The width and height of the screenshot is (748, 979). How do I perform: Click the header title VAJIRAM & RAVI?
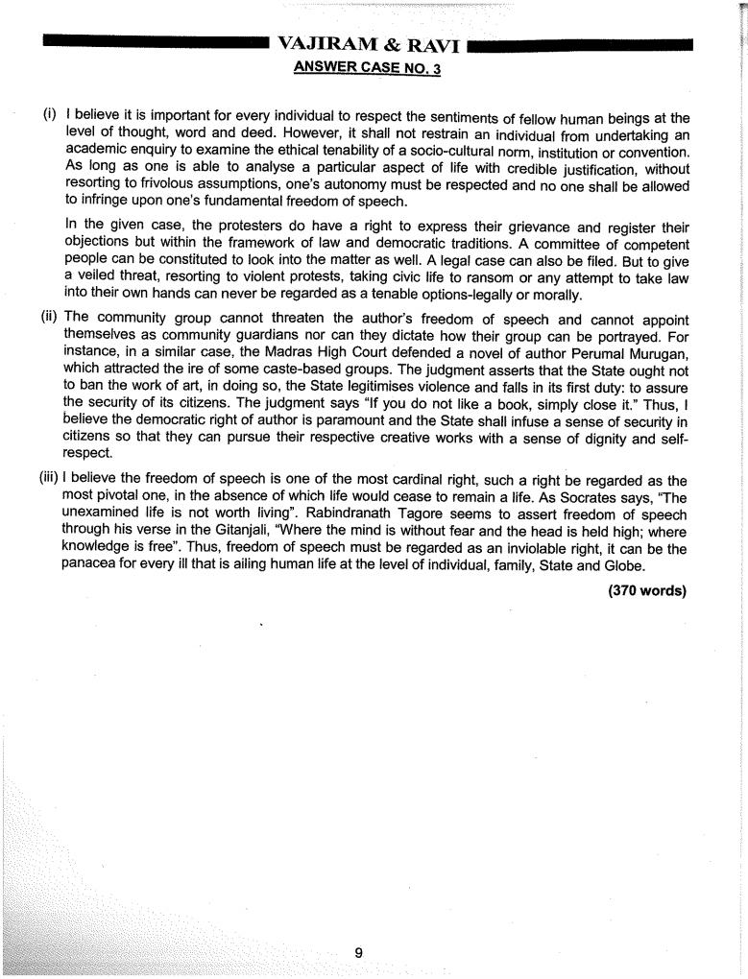374,44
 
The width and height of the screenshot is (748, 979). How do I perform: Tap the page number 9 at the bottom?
358,925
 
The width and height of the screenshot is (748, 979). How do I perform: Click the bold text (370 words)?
648,590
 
